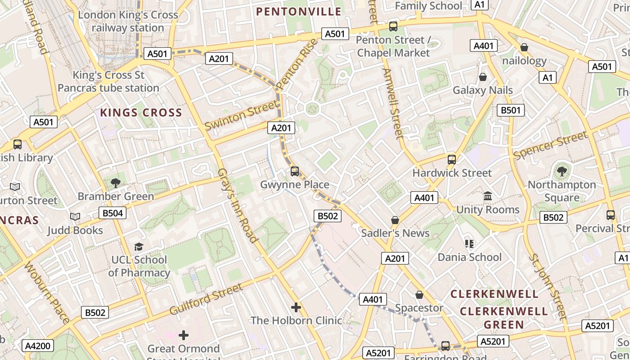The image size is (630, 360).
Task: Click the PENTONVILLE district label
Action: (299, 12)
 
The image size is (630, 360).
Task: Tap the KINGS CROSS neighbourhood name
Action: (141, 112)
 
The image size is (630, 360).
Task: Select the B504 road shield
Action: (112, 213)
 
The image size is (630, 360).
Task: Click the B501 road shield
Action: (511, 110)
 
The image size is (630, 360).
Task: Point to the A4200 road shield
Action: (38, 346)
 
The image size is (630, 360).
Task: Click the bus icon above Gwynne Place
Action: (295, 171)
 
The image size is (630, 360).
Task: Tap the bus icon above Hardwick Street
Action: (452, 160)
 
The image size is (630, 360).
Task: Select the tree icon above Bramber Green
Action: (116, 183)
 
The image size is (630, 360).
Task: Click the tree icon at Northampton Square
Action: (562, 171)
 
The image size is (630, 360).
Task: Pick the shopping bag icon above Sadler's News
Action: (395, 220)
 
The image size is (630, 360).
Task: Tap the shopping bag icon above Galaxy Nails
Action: (483, 77)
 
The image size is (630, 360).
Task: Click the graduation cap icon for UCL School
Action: (139, 247)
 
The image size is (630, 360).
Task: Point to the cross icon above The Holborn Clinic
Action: (296, 307)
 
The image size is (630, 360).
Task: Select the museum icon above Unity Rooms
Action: (488, 196)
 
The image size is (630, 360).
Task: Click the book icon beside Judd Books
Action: (75, 217)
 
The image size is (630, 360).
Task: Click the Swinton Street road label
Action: (241, 115)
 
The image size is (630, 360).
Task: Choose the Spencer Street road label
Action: (550, 145)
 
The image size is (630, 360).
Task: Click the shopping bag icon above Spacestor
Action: (419, 295)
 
